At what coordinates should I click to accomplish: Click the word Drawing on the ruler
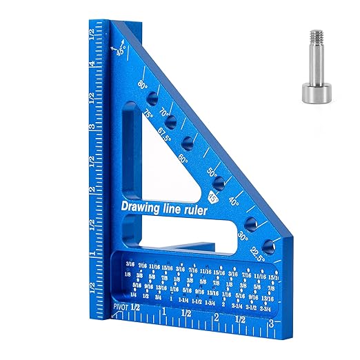[x=142, y=206]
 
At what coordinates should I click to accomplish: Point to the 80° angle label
[x=143, y=86]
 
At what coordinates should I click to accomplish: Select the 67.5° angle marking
[x=166, y=133]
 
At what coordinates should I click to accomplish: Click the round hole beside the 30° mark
[x=250, y=225]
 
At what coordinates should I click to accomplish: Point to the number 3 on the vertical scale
[x=92, y=127]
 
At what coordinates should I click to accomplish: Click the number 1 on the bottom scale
[x=164, y=320]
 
